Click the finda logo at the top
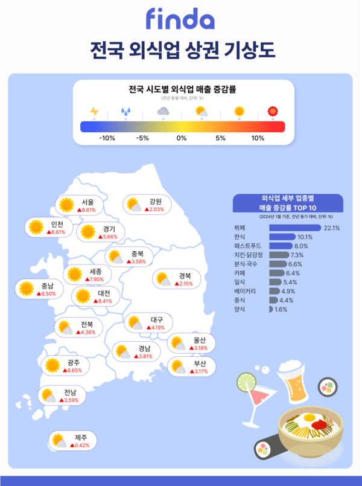point(180,19)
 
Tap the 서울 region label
point(87,202)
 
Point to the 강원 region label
point(156,201)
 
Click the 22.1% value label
point(332,228)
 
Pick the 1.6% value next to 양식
point(281,309)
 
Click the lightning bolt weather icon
point(94,111)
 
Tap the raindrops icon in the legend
point(125,111)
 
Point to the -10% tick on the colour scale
point(107,138)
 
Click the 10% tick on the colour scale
point(258,138)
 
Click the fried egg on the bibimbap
point(308,417)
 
